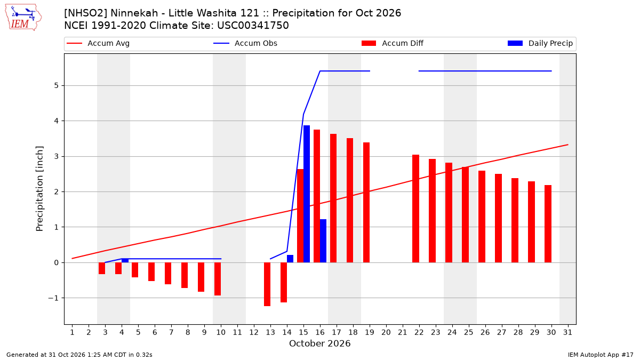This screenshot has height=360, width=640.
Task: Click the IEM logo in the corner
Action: click(x=23, y=18)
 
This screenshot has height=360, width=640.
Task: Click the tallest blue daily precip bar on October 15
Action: click(x=307, y=194)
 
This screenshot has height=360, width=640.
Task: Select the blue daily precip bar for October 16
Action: click(x=323, y=241)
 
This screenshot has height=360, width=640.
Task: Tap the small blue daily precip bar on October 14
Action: click(x=290, y=259)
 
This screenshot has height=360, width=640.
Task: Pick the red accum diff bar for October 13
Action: click(x=267, y=284)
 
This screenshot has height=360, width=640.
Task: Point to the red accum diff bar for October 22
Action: click(x=415, y=209)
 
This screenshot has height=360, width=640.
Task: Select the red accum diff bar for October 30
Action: click(x=548, y=223)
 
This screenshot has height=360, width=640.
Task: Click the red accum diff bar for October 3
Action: click(x=102, y=268)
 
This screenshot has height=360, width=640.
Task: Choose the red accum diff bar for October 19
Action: click(x=366, y=202)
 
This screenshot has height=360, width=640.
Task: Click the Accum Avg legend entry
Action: click(x=98, y=43)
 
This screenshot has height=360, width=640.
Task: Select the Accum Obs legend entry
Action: click(x=245, y=43)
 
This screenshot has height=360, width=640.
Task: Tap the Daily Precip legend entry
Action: click(x=540, y=43)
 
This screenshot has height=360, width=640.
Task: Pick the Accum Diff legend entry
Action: click(x=393, y=43)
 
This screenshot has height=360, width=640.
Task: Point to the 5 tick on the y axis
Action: click(x=57, y=86)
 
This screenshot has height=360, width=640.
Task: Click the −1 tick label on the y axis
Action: click(x=53, y=298)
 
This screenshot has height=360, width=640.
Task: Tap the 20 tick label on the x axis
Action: click(x=386, y=332)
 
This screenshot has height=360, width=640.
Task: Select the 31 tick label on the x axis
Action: click(x=567, y=332)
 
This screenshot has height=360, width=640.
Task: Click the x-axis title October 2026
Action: click(x=319, y=343)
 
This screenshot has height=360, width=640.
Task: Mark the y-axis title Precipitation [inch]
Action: click(x=39, y=189)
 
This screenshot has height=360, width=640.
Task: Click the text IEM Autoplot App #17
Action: click(x=601, y=355)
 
